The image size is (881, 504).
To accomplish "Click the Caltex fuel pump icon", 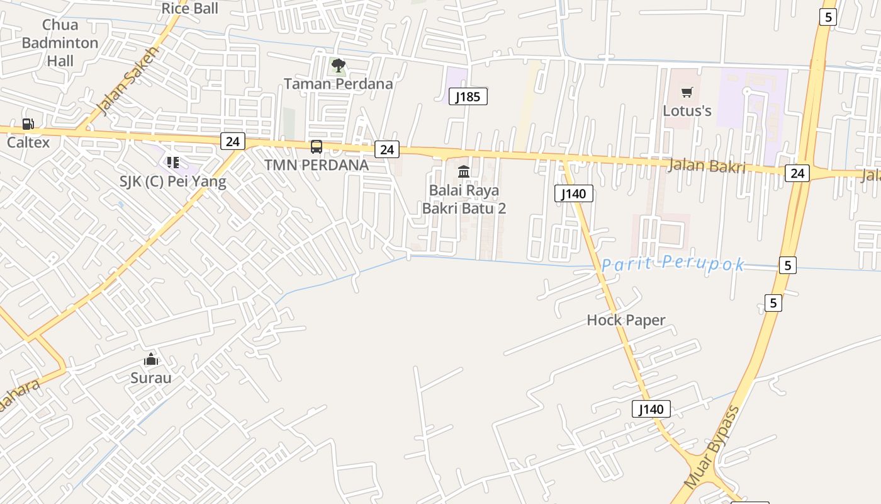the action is (x=28, y=124).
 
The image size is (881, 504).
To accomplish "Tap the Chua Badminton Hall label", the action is (x=60, y=43).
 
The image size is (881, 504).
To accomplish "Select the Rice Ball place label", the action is (x=189, y=8).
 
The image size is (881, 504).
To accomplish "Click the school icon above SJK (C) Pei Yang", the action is (x=173, y=163).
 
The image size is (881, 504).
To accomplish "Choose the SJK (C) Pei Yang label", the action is (x=172, y=181).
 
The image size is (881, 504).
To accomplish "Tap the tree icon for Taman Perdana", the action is (x=339, y=65).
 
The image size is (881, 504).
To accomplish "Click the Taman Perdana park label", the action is (x=338, y=84).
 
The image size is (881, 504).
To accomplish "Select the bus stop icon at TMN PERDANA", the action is (x=317, y=147).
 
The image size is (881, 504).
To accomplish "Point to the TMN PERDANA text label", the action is (x=316, y=165).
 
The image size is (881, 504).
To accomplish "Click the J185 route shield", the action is (x=468, y=96).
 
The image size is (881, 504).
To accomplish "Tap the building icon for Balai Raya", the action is (x=464, y=171).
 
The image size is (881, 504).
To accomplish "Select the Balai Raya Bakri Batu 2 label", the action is (x=464, y=199).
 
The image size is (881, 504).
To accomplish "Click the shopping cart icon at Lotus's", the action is (x=687, y=93).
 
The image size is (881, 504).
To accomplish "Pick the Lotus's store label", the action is (x=687, y=111).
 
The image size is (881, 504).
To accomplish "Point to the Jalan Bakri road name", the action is (x=707, y=166).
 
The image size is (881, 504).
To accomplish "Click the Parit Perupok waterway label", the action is (x=673, y=264).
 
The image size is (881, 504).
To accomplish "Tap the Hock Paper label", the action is (x=626, y=320).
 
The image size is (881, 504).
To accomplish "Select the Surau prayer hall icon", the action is (x=150, y=360).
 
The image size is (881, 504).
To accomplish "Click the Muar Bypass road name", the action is (x=712, y=449).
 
